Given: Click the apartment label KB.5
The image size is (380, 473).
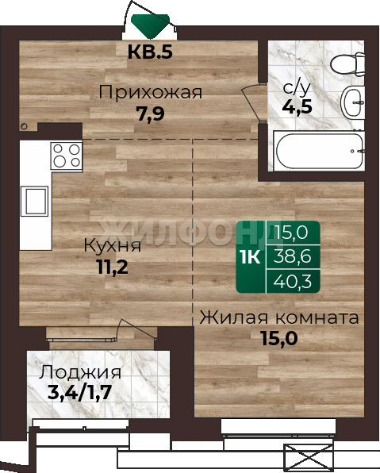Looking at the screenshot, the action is click(150, 52).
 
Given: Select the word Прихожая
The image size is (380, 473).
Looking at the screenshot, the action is click(151, 92).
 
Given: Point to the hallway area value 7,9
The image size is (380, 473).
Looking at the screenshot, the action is click(151, 113).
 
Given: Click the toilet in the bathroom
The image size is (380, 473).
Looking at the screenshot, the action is click(348, 64).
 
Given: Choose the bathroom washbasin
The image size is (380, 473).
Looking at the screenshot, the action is click(352, 102).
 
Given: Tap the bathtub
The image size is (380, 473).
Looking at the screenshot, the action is click(319, 151).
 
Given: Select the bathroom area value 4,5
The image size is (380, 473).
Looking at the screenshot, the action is click(297, 107).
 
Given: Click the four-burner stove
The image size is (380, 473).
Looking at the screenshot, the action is click(67, 156).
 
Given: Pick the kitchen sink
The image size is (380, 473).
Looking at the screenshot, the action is click(35, 201).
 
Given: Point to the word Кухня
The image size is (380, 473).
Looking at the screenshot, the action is click(112, 245).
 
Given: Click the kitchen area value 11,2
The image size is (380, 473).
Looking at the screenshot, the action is click(112, 267).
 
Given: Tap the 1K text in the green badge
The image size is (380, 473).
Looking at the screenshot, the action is click(251, 257).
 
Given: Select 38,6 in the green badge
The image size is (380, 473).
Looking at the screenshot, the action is click(292, 257).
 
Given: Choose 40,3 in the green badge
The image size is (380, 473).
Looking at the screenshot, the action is click(292, 281).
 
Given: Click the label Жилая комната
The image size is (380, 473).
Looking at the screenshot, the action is click(279, 317).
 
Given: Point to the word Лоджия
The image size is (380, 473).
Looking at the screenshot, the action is click(80, 372).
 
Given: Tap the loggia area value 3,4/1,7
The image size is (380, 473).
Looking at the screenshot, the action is click(80, 393).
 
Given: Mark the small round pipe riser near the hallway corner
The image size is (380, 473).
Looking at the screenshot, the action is click(24, 126).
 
